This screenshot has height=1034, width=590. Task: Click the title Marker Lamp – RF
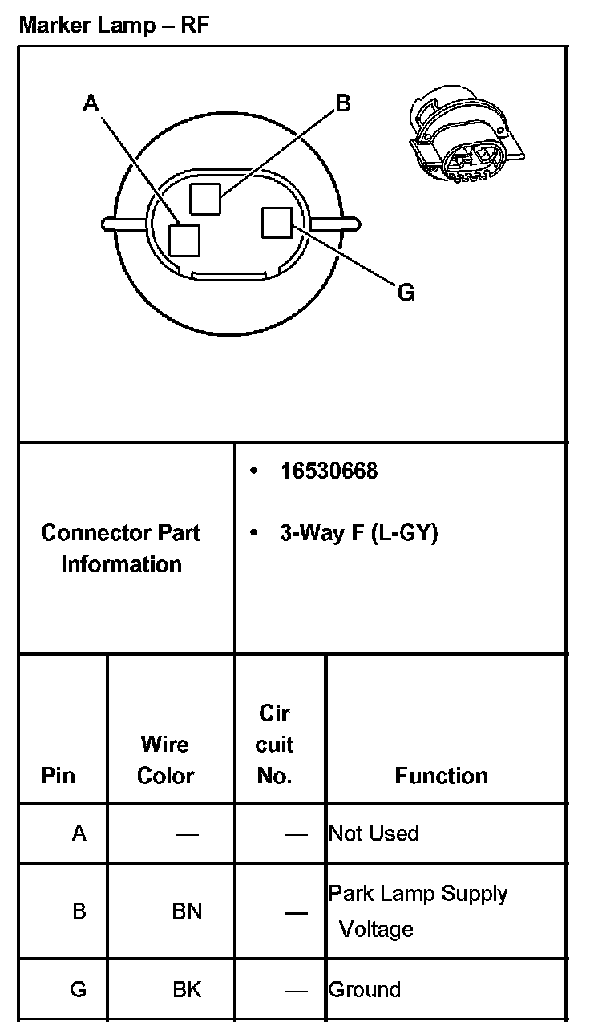114,25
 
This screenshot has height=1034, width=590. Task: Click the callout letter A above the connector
91,103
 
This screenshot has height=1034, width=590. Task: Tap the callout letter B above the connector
342,103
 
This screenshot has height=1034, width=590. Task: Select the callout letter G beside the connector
406,293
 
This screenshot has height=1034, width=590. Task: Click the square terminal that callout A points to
184,240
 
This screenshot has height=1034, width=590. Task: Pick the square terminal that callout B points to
205,197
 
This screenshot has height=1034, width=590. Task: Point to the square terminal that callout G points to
277,222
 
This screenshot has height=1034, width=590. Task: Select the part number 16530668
329,471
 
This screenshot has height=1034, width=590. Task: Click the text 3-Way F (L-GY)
358,533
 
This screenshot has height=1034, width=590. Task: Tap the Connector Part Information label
121,548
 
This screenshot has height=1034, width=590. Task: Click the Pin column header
58,776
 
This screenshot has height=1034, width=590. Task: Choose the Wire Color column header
165,760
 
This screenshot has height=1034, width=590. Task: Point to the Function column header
441,776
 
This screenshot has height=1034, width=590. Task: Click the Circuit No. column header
274,745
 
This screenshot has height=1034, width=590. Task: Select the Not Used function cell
374,834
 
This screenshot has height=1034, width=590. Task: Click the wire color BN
188,911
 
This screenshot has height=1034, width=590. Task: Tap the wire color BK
188,989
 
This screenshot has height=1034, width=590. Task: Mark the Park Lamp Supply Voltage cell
418,911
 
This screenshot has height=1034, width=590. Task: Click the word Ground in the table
364,989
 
